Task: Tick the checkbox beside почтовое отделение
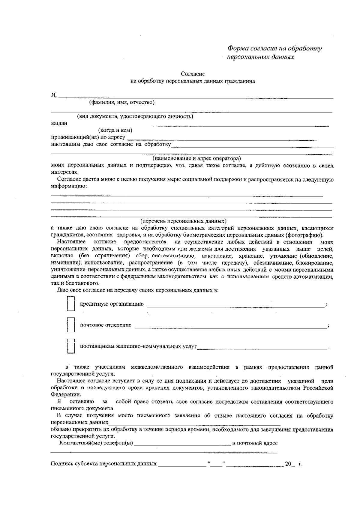71,325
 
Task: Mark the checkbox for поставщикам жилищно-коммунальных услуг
71,346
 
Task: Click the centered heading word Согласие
193,74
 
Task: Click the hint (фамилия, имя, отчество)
122,103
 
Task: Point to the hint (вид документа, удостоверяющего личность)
135,116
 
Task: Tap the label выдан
59,124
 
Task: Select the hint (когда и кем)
115,130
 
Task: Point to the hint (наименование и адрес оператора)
196,158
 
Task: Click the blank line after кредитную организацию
235,305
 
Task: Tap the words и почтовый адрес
255,443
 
